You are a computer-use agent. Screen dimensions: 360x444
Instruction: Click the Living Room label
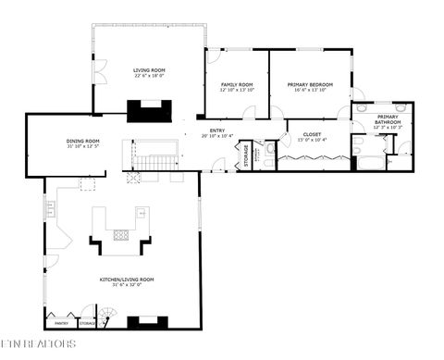(148, 69)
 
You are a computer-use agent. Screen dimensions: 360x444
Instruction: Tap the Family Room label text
(237, 84)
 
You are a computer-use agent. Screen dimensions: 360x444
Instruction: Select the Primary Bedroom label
(310, 84)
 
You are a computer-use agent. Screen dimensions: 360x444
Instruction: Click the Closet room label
(313, 135)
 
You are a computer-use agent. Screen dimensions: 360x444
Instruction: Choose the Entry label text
(217, 130)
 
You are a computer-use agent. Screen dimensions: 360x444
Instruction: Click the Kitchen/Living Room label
(127, 279)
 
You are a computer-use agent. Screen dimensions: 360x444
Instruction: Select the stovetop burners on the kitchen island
(121, 234)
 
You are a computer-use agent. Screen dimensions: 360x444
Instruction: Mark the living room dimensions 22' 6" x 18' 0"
(148, 76)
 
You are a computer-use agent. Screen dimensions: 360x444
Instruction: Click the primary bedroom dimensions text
(310, 91)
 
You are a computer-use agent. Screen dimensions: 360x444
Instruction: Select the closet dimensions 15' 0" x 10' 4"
(313, 142)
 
